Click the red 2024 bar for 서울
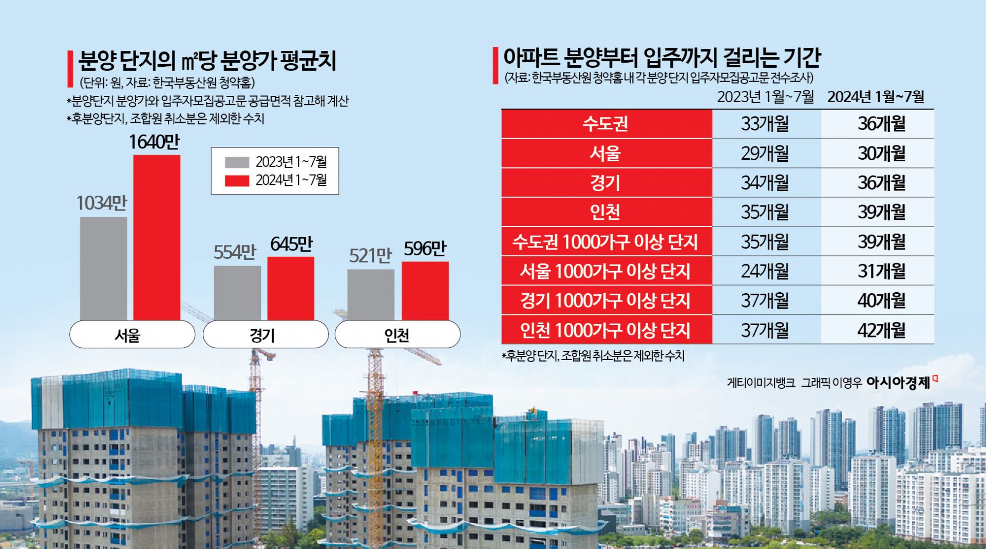pyautogui.click(x=157, y=237)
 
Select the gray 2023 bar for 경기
pyautogui.click(x=237, y=293)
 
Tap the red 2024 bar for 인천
pyautogui.click(x=425, y=291)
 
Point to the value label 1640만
pyautogui.click(x=154, y=142)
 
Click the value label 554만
pyautogui.click(x=235, y=252)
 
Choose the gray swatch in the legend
pyautogui.click(x=237, y=162)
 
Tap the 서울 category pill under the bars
pyautogui.click(x=132, y=335)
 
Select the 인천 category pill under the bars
pyautogui.click(x=397, y=335)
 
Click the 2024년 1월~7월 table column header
pyautogui.click(x=876, y=97)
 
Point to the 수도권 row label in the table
pyautogui.click(x=606, y=124)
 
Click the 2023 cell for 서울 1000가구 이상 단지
pyautogui.click(x=765, y=271)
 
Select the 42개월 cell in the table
pyautogui.click(x=881, y=330)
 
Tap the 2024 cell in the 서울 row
pyautogui.click(x=881, y=153)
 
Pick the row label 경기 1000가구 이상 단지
pyautogui.click(x=606, y=300)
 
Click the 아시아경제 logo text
pyautogui.click(x=899, y=382)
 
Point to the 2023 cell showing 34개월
pyautogui.click(x=765, y=182)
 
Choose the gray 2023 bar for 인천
pyautogui.click(x=370, y=294)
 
